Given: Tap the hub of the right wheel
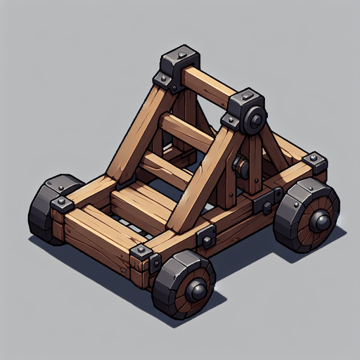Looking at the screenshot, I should point(321,222).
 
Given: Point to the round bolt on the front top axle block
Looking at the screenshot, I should point(255,120).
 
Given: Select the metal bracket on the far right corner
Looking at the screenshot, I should point(316,162).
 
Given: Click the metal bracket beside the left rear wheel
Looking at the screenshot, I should point(64,204).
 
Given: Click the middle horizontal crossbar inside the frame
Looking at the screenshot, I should point(184,131).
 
